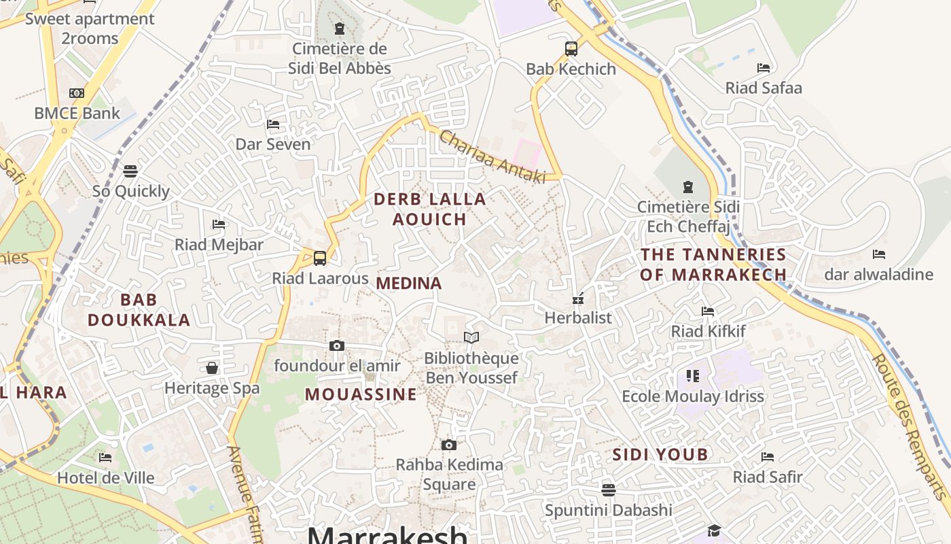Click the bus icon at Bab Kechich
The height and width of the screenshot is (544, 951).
(571, 49)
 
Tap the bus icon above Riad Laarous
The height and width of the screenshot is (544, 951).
(320, 258)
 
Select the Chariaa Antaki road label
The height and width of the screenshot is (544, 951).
(492, 157)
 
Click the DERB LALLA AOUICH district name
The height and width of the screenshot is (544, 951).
(430, 209)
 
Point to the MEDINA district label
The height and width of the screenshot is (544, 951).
(409, 284)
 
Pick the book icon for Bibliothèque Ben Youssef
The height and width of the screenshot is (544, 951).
(471, 337)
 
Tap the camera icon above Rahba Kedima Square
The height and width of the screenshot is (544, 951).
(448, 445)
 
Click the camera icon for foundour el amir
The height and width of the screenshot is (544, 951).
(337, 345)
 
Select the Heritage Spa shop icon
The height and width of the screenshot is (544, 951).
(212, 368)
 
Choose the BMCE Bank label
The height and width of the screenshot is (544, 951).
(77, 114)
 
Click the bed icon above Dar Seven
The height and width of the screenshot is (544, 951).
(273, 124)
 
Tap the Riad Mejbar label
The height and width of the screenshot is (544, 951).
(219, 245)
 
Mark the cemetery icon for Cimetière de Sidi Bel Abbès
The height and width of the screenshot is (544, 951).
(340, 29)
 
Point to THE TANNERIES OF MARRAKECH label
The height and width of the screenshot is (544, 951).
(713, 265)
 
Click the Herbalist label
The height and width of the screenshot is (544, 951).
(578, 318)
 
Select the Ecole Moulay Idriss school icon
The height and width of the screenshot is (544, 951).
(693, 375)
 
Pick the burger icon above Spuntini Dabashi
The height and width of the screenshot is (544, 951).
(609, 490)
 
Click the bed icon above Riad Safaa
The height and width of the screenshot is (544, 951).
(764, 67)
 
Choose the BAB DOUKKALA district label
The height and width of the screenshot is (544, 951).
(139, 309)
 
